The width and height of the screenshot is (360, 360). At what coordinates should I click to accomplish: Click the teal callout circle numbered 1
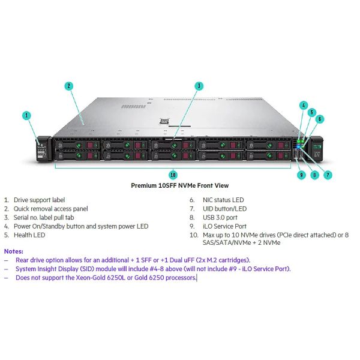[x=26, y=115]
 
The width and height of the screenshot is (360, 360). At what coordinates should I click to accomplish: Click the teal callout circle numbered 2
[x=70, y=86]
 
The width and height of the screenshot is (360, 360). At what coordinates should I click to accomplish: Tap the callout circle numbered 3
[x=199, y=86]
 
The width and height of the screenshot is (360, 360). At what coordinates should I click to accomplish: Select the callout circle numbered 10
[x=173, y=175]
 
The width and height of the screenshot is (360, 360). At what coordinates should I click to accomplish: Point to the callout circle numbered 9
[x=302, y=175]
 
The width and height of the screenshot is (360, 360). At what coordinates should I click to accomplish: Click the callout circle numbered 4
[x=304, y=105]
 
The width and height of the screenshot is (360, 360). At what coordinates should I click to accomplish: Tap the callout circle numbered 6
[x=320, y=119]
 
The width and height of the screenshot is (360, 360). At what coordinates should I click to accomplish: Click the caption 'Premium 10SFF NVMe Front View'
[x=179, y=186]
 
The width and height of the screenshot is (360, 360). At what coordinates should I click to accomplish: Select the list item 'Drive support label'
[x=39, y=200]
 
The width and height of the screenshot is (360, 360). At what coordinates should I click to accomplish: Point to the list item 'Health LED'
[x=29, y=235]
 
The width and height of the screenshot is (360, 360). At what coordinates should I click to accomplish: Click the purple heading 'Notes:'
[x=13, y=251]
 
